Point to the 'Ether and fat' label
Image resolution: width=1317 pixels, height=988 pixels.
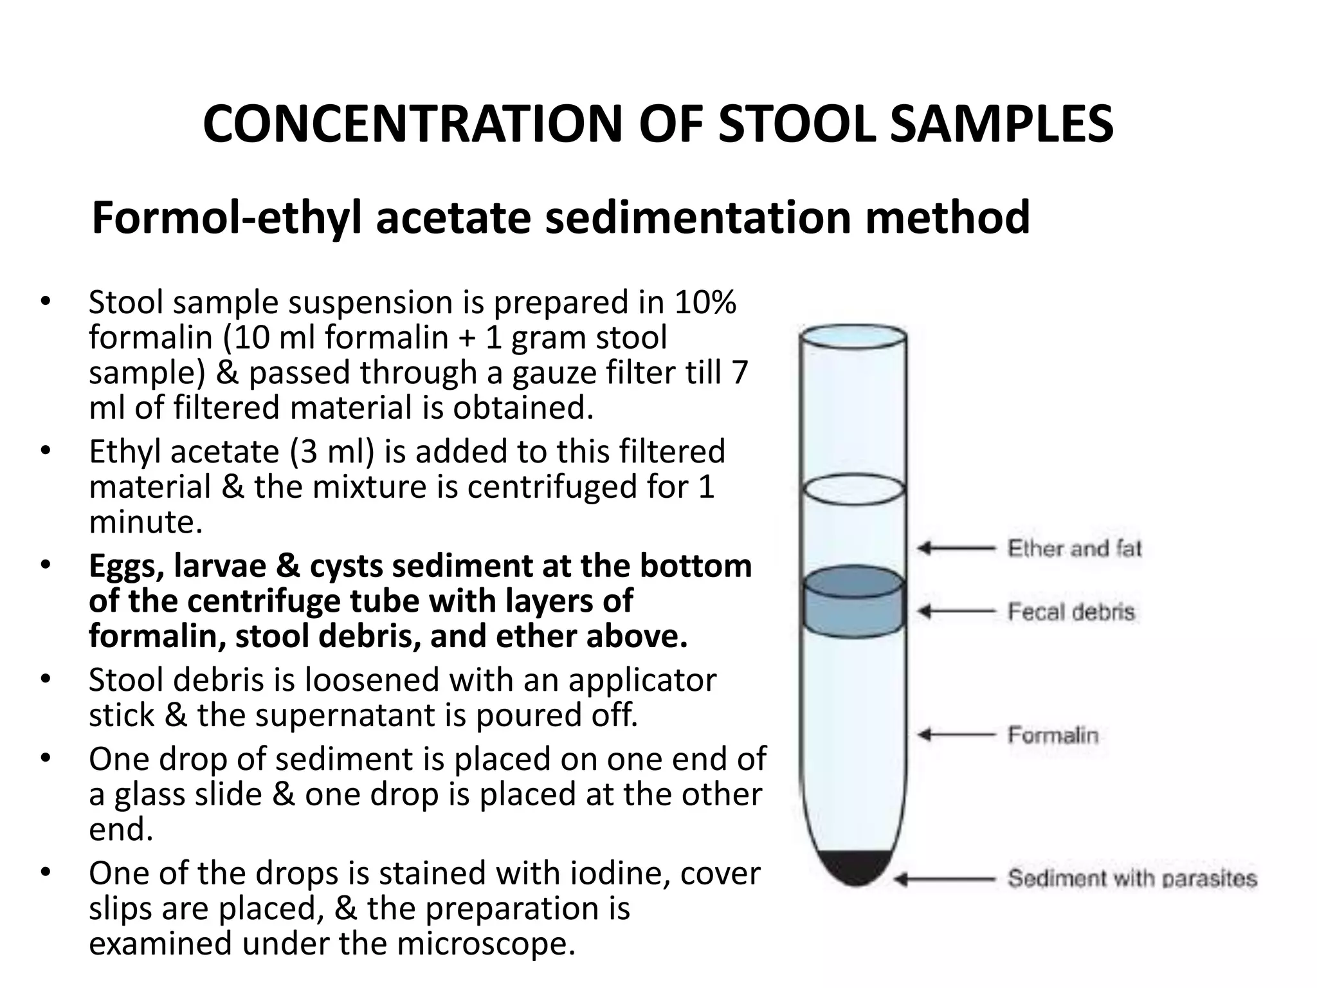1074,549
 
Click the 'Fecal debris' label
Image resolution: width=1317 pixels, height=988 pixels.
1071,611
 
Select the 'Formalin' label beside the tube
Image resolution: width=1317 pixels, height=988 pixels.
1053,735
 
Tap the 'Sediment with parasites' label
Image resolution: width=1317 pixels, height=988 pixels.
1132,878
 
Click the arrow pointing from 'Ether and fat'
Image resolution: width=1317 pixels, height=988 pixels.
956,549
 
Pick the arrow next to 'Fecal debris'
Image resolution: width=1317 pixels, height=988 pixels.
956,611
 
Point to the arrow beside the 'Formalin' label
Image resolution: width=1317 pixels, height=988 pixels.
956,735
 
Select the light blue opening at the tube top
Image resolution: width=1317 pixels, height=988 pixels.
853,336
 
